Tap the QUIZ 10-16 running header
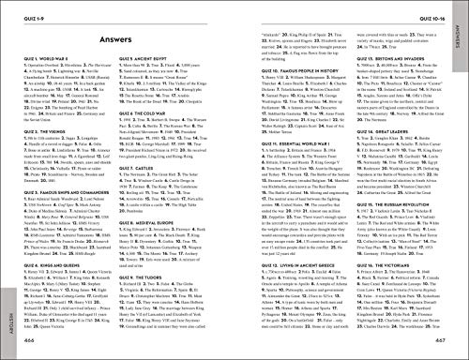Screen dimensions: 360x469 click(x=433, y=10)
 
